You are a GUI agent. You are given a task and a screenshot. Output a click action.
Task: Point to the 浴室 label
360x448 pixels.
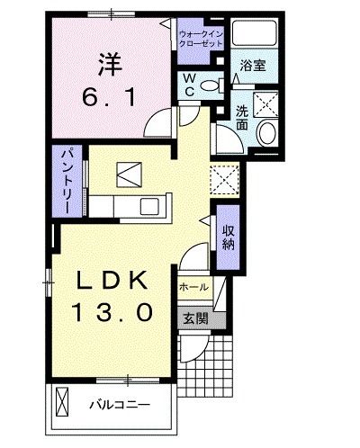[x=252, y=66]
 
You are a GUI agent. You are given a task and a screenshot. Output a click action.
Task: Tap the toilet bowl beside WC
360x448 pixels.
[x=211, y=86]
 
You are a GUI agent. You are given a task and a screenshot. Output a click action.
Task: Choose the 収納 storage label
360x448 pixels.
[x=229, y=235]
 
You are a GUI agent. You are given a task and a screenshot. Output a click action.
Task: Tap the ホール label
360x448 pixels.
[x=193, y=288]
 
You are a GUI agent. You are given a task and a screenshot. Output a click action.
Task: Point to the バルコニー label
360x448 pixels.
[x=119, y=404]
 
